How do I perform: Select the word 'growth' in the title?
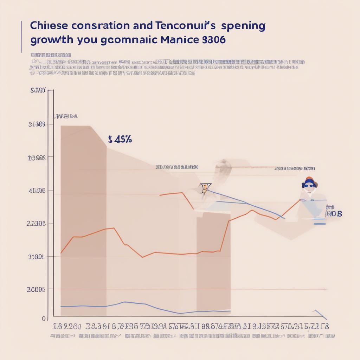click(52, 40)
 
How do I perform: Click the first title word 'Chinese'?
click(50, 26)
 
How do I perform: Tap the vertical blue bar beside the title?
click(21, 37)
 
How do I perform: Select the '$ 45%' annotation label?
click(120, 140)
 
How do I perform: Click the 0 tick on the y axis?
click(44, 319)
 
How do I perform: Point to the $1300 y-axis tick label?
click(37, 124)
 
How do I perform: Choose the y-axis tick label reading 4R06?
click(37, 191)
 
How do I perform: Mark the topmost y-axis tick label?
click(38, 91)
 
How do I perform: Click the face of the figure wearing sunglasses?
click(309, 186)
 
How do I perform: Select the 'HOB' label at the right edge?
click(334, 213)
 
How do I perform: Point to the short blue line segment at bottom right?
click(320, 314)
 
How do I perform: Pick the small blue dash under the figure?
click(320, 223)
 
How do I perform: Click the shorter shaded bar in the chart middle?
click(213, 260)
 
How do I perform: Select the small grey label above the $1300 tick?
click(65, 116)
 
